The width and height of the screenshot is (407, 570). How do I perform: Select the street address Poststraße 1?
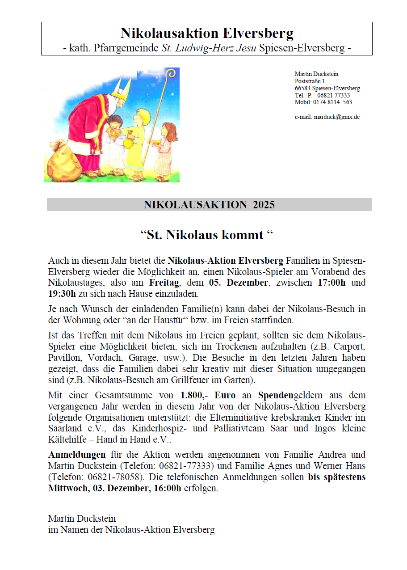[310, 81]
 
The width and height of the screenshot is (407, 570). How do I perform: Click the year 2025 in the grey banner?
[264, 205]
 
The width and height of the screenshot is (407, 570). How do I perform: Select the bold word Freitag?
[164, 283]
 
